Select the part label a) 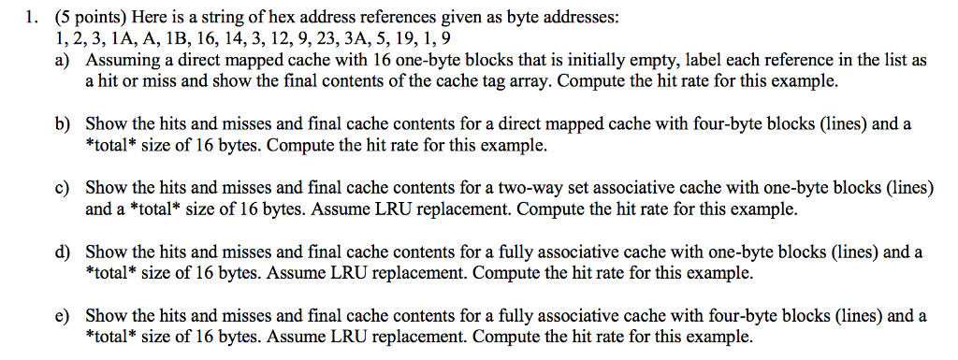62,61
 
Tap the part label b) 62,124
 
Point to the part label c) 62,188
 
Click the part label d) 62,252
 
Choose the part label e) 62,315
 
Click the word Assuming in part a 118,61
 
